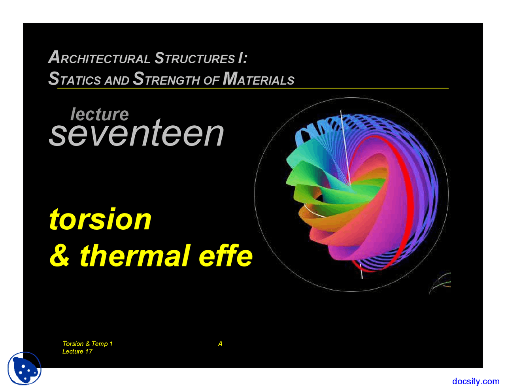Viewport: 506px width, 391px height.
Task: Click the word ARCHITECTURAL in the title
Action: (100, 57)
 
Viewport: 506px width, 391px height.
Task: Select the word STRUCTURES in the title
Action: (194, 58)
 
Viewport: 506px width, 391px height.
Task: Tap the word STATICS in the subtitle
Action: (75, 79)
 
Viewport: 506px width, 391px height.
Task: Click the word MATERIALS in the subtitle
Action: (259, 79)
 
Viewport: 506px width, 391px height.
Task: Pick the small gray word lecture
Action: (100, 114)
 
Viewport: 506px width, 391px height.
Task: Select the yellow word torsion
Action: (100, 219)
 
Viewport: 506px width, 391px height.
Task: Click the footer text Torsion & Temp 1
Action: (87, 344)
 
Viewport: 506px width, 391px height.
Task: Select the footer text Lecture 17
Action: (77, 351)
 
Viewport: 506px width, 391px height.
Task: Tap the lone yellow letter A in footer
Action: (220, 344)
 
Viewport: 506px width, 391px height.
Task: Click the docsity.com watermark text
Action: (476, 381)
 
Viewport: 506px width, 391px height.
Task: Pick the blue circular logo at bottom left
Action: (25, 368)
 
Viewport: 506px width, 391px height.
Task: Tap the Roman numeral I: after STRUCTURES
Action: (243, 58)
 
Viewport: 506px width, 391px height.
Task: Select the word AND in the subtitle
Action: (117, 80)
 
